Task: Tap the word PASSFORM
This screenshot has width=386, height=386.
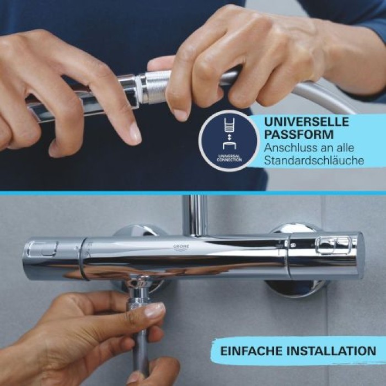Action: (291, 135)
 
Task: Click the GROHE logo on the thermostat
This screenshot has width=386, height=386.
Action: (182, 246)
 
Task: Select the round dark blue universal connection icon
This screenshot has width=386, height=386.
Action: (229, 141)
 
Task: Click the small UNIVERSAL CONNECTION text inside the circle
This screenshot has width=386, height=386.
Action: (229, 158)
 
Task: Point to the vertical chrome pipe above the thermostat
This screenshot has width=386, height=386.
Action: (195, 215)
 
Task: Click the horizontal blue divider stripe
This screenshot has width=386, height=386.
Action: (193, 193)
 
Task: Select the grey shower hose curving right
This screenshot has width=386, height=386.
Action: (325, 96)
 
